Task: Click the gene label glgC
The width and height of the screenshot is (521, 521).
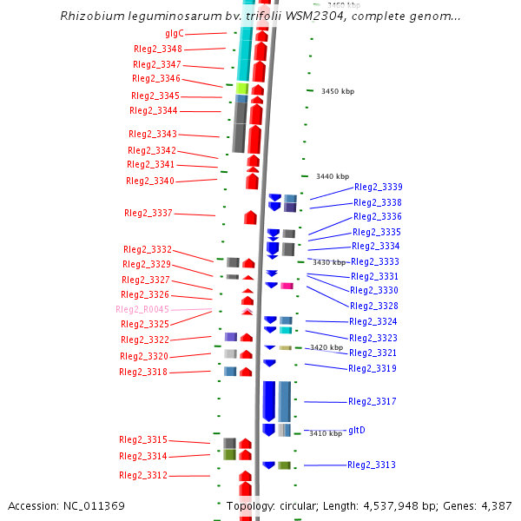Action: [174, 33]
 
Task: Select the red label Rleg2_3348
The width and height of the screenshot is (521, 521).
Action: [158, 49]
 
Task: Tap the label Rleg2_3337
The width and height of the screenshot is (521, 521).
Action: [148, 213]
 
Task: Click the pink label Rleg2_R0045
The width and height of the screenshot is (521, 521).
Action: [142, 309]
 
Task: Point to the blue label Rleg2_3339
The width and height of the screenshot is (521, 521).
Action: [378, 187]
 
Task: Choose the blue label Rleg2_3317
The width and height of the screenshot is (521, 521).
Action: [372, 401]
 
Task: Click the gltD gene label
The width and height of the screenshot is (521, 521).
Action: [357, 430]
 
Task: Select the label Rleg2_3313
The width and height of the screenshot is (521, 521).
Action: [371, 465]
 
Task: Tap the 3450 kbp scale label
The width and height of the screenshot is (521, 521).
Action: [337, 91]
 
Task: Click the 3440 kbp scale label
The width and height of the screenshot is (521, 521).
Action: [332, 176]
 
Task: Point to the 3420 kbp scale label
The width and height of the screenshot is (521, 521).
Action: [326, 347]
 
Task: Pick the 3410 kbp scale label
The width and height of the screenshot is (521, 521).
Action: [326, 433]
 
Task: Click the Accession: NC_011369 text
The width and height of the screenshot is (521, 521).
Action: [66, 505]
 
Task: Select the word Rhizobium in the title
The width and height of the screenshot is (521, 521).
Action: [89, 16]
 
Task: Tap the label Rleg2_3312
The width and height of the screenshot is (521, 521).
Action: [143, 475]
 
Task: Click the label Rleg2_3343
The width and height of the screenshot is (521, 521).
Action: [152, 134]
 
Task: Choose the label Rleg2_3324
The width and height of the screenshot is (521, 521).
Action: [373, 321]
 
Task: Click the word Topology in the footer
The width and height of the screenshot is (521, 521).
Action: [251, 505]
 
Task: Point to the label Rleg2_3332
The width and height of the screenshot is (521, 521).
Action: [147, 249]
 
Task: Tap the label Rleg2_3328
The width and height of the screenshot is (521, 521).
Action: [373, 306]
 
